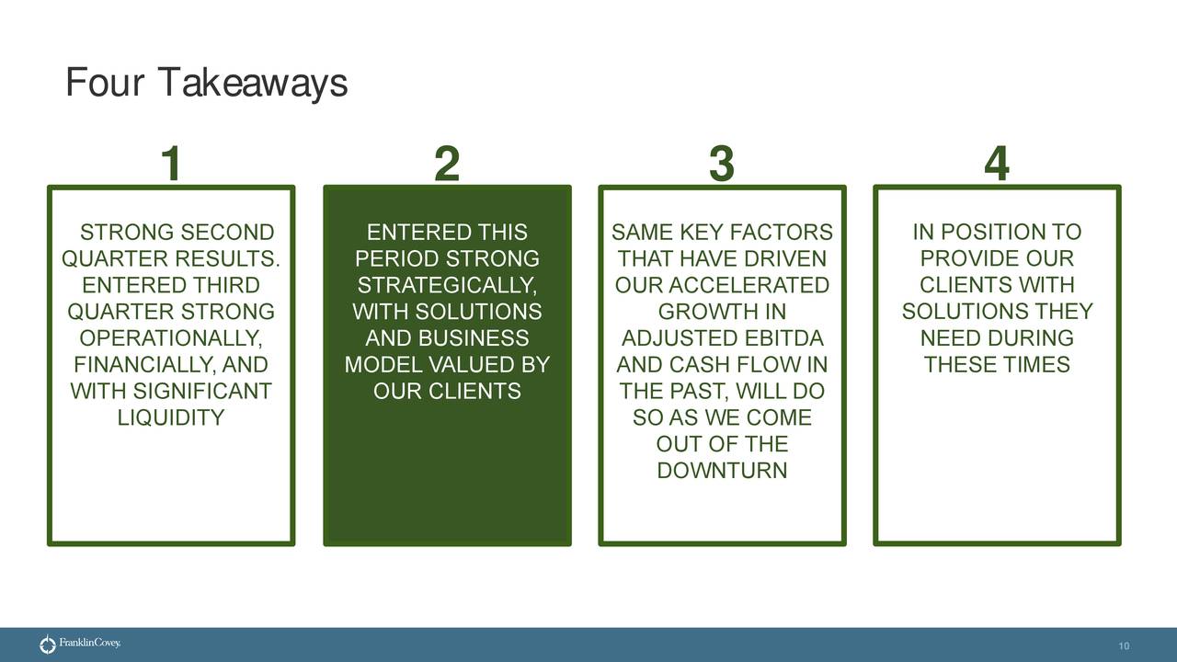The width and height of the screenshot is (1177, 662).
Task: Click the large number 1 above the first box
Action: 170,165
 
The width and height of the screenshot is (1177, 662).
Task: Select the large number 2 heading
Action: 446,165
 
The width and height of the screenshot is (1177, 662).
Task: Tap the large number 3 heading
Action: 722,165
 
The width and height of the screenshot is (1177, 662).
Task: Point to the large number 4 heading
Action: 997,165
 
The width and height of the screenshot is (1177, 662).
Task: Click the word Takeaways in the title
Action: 252,84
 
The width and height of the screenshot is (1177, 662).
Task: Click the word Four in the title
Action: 104,84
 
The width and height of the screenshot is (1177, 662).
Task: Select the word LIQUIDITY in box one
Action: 171,418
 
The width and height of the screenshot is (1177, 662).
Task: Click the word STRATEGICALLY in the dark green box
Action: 446,285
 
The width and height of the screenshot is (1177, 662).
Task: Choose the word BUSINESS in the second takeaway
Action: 473,338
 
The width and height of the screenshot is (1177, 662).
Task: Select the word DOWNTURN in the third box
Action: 722,472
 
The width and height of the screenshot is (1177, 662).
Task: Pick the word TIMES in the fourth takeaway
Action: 1035,365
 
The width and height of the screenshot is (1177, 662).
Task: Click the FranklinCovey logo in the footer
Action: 80,645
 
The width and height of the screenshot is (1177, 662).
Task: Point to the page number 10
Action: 1124,647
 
